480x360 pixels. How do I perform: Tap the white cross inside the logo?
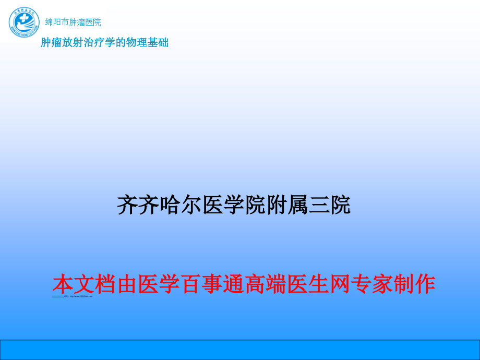click(21, 21)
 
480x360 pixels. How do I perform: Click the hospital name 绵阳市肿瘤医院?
click(73, 22)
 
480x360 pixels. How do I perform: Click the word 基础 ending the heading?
click(159, 43)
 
